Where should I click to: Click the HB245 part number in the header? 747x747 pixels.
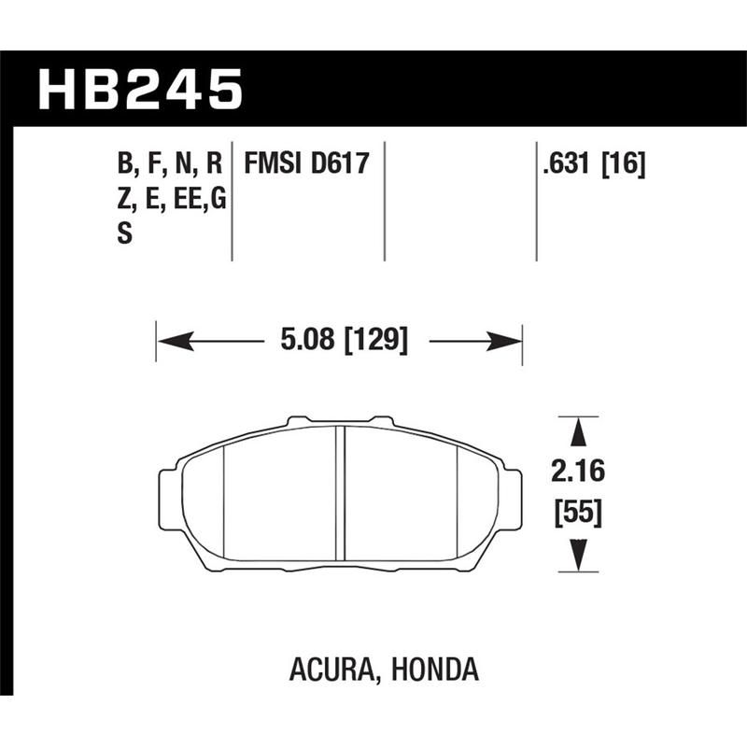(x=139, y=92)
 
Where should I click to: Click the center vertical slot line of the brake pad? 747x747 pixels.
(x=342, y=495)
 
